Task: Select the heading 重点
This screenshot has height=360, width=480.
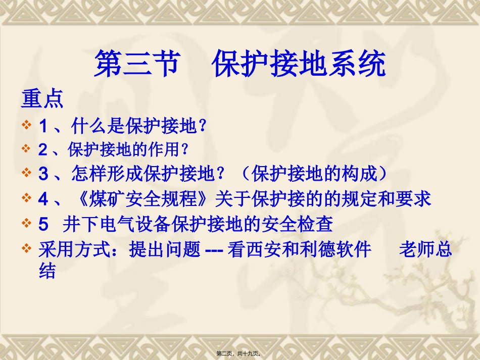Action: click(x=42, y=99)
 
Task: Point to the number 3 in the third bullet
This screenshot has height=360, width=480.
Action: click(x=43, y=174)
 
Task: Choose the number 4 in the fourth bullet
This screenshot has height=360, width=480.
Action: click(x=43, y=198)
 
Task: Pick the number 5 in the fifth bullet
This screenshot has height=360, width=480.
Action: click(x=43, y=224)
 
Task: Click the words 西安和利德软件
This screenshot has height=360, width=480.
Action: click(x=300, y=249)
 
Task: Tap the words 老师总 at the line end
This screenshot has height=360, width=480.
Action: click(x=426, y=249)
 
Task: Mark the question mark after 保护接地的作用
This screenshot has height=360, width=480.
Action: click(x=185, y=149)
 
